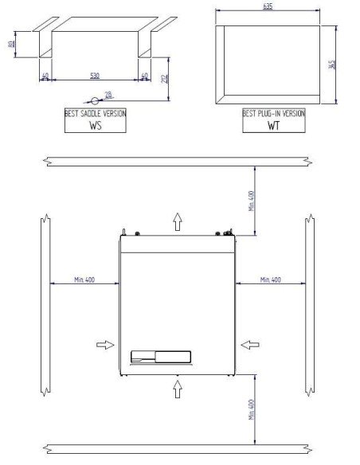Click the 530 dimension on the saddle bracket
pos(95,76)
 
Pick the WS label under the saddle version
pos(95,125)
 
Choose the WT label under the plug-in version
pos(273,125)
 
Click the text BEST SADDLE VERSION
pos(95,114)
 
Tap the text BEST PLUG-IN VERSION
pos(273,114)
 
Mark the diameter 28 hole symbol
pos(96,100)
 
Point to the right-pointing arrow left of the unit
pos(104,345)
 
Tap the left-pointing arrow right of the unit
pos(249,345)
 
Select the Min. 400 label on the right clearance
pos(272,279)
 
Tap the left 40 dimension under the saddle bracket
pos(45,76)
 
